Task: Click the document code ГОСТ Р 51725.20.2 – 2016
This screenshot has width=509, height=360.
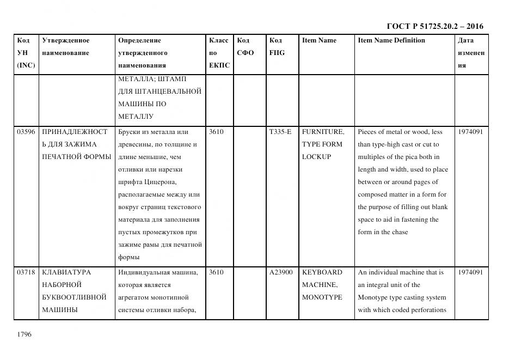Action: [434, 26]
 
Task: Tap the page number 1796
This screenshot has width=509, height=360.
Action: [24, 334]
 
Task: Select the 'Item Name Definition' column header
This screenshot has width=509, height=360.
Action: [391, 40]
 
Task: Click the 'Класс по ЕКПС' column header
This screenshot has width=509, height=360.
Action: [219, 53]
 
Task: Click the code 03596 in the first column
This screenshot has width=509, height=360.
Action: [26, 132]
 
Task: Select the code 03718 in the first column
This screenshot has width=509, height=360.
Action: [26, 272]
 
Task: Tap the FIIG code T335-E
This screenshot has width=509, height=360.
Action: [280, 132]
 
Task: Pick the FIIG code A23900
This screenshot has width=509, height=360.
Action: [281, 272]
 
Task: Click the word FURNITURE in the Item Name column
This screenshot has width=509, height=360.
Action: [323, 132]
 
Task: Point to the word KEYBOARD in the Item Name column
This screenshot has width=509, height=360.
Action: [322, 272]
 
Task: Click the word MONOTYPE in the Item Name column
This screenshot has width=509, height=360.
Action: [322, 297]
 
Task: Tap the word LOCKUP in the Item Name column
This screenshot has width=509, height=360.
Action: [316, 157]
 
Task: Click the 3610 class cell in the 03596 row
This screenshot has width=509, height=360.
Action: [216, 132]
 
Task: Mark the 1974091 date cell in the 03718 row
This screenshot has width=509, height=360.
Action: [470, 272]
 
